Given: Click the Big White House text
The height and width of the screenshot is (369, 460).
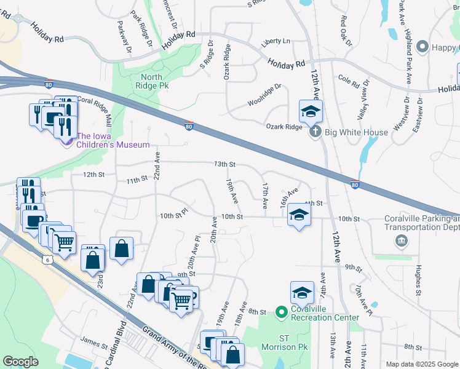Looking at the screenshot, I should tap(357, 132).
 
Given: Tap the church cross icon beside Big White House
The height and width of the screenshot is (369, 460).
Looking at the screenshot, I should tap(315, 132).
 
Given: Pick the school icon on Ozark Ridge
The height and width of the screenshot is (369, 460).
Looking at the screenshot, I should tap(311, 112).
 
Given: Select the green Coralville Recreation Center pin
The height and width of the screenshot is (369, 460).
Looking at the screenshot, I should tap(280, 313).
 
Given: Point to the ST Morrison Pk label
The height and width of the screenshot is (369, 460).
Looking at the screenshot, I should tap(284, 343).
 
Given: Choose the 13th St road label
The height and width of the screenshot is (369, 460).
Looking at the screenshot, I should tap(225, 164).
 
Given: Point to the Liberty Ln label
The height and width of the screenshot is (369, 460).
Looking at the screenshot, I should tap(275, 41).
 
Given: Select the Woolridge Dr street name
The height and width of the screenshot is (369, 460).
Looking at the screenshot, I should tap(264, 90).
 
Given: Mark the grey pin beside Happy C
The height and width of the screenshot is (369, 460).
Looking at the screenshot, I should tap(422, 47).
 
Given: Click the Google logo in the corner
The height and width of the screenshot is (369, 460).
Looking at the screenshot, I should tap(22, 361).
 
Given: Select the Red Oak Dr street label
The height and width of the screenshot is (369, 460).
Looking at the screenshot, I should tap(346, 31).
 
